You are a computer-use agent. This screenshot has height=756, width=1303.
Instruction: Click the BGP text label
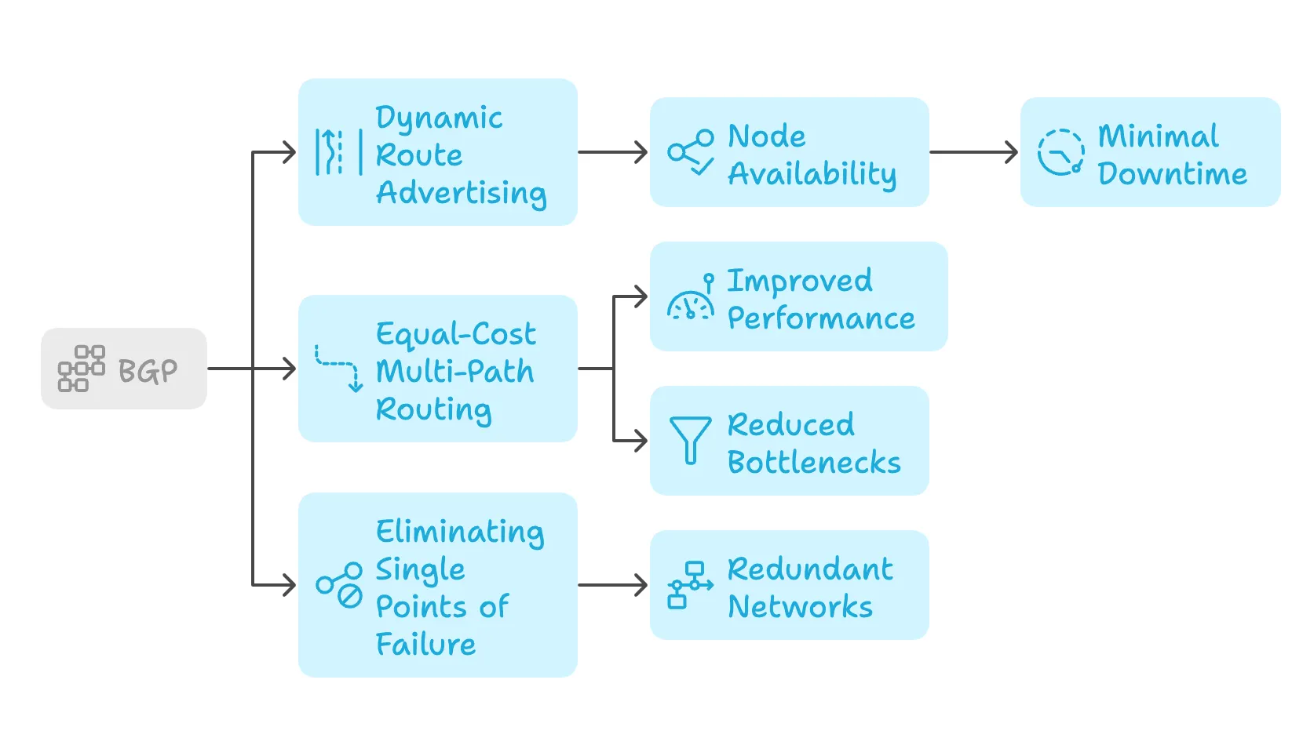click(148, 370)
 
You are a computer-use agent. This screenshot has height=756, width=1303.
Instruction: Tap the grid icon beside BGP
click(81, 369)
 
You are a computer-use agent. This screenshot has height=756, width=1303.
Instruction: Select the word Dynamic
click(439, 118)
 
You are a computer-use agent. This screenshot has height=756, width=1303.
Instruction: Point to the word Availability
click(812, 174)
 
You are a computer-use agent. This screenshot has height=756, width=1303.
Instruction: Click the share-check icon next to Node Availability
click(691, 152)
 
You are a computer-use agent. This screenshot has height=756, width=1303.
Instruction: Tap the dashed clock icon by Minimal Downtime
click(1060, 152)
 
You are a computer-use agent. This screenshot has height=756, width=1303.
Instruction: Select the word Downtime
click(1172, 174)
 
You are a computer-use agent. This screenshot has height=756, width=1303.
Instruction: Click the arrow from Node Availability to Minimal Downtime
click(973, 152)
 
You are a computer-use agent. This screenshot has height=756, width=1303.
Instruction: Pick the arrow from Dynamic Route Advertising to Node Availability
click(613, 152)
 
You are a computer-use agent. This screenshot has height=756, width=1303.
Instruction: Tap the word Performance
click(821, 318)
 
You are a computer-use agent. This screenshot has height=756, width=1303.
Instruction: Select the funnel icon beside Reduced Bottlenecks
click(690, 440)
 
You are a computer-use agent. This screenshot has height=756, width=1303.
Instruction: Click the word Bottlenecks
click(814, 463)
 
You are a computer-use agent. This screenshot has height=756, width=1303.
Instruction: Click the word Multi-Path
click(454, 371)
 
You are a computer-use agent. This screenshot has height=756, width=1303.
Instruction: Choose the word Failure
click(425, 645)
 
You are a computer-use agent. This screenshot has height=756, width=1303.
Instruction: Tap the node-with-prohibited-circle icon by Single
click(339, 585)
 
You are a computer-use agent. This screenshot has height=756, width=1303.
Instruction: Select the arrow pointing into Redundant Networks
click(613, 585)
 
